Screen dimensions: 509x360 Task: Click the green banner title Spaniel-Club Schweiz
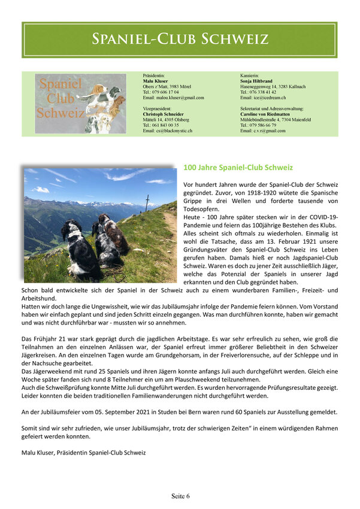pos(180,40)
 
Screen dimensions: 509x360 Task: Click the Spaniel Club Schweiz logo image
pos(80,104)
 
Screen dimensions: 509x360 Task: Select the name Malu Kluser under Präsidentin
pos(156,81)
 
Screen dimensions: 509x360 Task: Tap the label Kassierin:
pos(250,75)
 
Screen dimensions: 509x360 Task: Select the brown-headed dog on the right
pos(114,234)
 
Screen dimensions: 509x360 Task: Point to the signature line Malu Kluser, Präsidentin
pos(83,453)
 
